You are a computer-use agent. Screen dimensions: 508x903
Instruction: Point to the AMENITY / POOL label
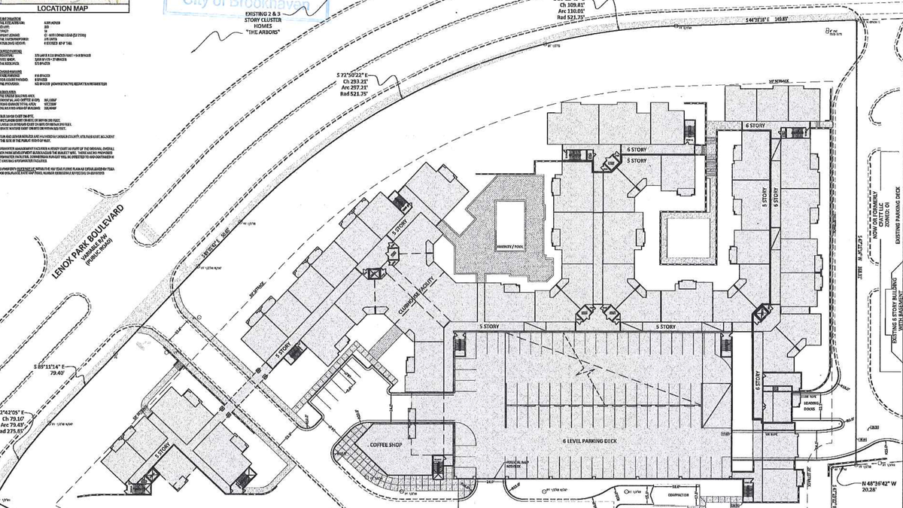coord(509,246)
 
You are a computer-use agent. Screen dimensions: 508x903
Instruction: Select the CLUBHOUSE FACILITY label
coord(414,294)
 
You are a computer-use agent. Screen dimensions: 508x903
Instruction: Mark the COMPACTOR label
coord(675,494)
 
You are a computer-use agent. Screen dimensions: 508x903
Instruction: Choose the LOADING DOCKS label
coord(811,406)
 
